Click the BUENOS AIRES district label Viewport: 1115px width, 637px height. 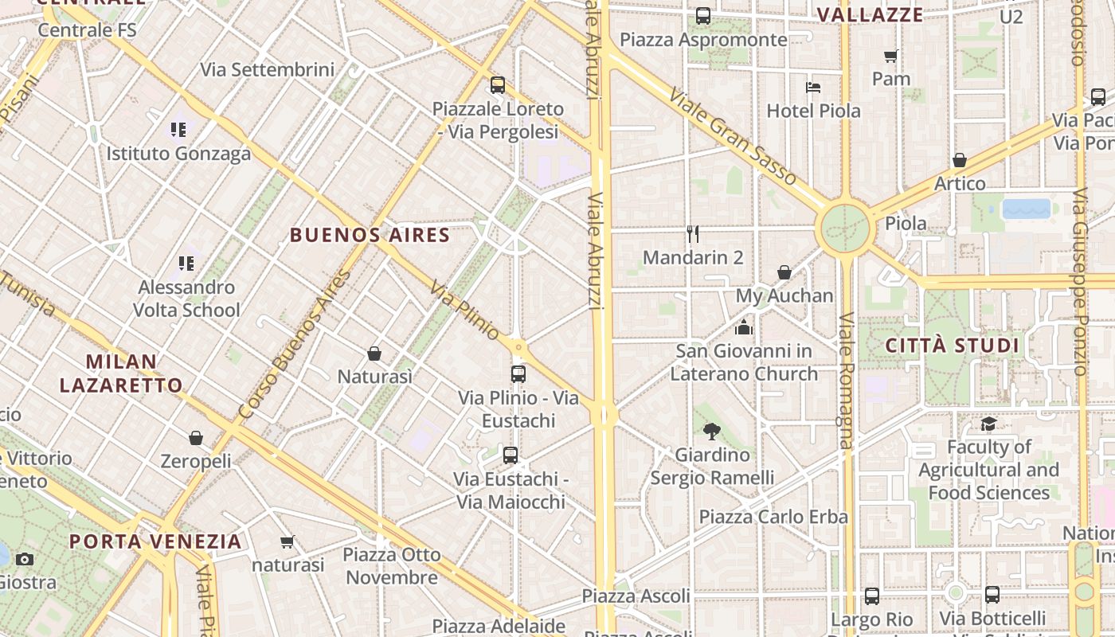click(x=370, y=235)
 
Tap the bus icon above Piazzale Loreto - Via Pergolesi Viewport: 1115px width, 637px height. click(x=498, y=85)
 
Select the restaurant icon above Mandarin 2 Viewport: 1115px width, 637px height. click(x=693, y=234)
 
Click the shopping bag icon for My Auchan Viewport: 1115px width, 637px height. click(x=784, y=273)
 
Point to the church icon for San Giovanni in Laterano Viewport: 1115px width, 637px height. click(x=744, y=327)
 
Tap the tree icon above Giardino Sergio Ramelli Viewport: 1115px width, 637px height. click(x=712, y=432)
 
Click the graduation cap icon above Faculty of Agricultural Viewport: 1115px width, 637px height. click(x=989, y=424)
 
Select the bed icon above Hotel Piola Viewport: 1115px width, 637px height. click(x=813, y=88)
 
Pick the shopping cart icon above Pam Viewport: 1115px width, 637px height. click(x=891, y=56)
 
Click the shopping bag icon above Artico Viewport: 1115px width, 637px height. click(x=960, y=160)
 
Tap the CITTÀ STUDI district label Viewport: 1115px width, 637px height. click(x=953, y=346)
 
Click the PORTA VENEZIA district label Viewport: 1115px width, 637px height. click(x=155, y=541)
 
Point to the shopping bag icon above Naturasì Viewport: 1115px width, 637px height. click(x=374, y=353)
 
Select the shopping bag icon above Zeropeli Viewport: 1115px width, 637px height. click(x=196, y=438)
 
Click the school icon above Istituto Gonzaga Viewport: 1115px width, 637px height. click(x=178, y=129)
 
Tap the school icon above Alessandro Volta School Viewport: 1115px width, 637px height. click(x=186, y=263)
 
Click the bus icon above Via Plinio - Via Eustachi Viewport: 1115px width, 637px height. click(x=518, y=373)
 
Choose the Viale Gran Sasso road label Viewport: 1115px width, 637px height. click(x=732, y=137)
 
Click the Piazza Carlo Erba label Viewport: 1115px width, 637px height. click(x=773, y=517)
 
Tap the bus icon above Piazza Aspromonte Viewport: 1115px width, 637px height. click(x=703, y=16)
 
